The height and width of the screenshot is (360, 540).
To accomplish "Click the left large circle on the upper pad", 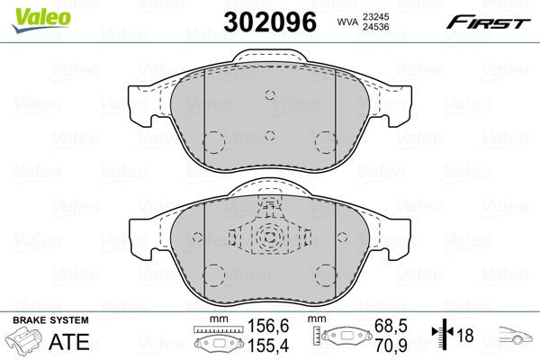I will pyautogui.click(x=215, y=142).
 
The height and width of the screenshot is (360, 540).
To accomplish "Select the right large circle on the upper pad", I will pyautogui.click(x=325, y=142).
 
